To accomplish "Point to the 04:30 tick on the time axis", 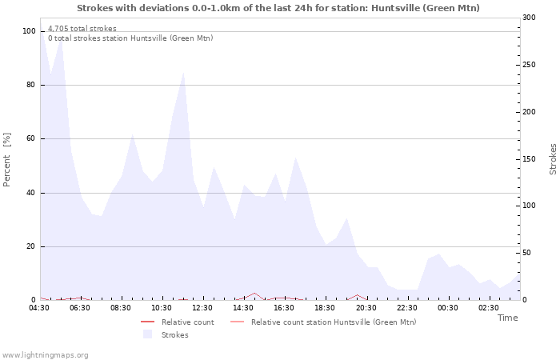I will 39,308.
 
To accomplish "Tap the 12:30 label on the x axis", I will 203,308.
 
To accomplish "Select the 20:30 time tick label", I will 366,308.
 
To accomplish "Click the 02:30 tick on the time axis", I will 489,308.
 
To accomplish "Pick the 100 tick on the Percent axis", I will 29,31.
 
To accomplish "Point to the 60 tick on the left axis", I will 31,138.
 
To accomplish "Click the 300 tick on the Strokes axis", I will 529,18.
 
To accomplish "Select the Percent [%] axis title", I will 7,159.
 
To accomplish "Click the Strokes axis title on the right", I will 553,159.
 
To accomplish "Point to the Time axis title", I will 507,318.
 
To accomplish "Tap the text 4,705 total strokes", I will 82,29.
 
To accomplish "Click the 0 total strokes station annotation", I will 130,38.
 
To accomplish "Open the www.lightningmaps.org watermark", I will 46,355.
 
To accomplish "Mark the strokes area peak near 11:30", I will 183,73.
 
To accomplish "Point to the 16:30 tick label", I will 285,308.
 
